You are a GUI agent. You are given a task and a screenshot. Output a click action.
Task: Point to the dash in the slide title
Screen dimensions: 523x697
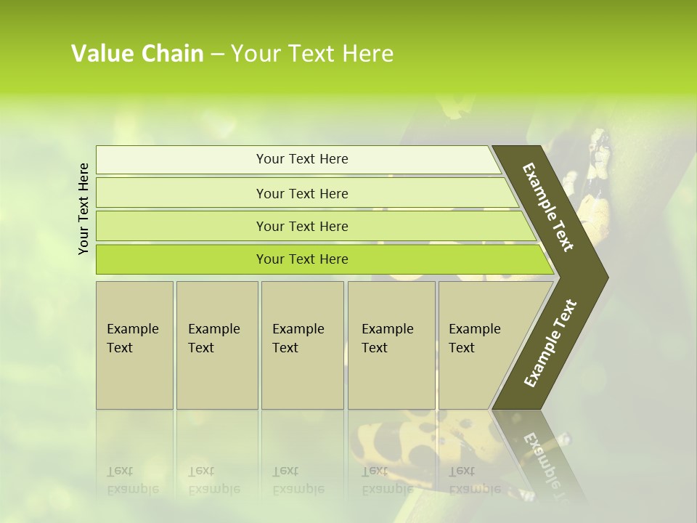[x=217, y=54]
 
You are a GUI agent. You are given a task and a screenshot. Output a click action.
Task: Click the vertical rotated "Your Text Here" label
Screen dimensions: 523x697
[x=84, y=208]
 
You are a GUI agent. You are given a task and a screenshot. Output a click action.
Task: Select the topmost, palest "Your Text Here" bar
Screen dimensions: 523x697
[x=301, y=159]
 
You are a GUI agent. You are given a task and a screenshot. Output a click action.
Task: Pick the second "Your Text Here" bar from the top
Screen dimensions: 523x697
[x=301, y=193]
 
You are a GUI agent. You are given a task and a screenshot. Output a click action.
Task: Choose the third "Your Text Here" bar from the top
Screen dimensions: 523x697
[x=301, y=226]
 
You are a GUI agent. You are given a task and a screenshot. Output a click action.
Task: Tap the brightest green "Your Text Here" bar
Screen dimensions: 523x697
[x=301, y=259]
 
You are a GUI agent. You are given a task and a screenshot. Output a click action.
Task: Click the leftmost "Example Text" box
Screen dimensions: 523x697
[x=134, y=345]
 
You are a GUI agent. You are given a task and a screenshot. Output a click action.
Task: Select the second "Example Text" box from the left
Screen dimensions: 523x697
[x=216, y=345]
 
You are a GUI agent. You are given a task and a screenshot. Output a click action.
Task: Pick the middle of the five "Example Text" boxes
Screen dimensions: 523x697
[x=302, y=345]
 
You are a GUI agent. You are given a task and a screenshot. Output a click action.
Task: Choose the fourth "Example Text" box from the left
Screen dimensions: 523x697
[x=391, y=345]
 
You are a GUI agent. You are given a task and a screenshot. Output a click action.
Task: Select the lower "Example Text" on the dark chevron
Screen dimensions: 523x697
[x=550, y=344]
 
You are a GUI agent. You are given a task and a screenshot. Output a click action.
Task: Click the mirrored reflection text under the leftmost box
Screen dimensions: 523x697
[x=133, y=480]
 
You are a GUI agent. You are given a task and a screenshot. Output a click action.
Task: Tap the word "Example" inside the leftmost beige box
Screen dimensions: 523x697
[x=132, y=329]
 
